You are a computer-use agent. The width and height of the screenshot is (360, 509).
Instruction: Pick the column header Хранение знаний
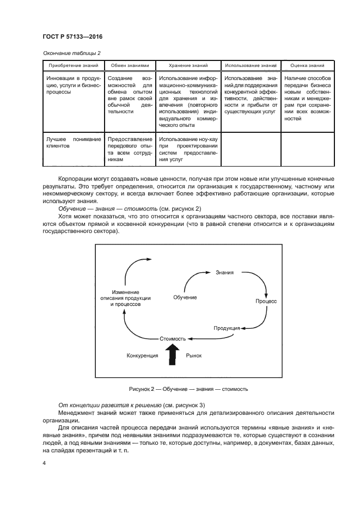pos(188,65)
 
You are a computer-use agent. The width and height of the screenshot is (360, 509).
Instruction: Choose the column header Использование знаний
pos(251,65)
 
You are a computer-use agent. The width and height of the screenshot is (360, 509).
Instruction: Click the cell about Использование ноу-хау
pos(188,150)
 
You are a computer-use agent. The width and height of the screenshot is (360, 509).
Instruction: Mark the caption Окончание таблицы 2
pos(71,53)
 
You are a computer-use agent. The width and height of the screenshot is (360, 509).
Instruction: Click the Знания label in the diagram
pos(225,272)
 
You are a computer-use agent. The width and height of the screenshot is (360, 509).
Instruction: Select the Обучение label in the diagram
pos(185,297)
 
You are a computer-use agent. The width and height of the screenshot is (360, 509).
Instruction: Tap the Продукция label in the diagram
pos(227,328)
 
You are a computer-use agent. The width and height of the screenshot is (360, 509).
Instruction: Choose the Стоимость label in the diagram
pos(173,338)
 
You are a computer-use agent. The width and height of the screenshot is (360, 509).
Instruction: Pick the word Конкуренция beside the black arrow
pos(142,355)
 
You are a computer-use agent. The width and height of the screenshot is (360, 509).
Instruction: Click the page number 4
pos(44,463)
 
